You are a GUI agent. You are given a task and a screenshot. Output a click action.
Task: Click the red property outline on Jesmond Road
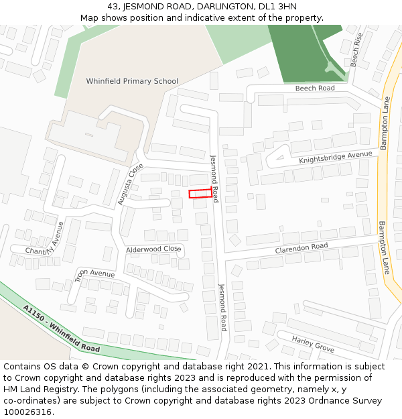[x=200, y=193]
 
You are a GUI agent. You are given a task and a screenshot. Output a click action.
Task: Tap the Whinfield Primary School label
[x=132, y=81]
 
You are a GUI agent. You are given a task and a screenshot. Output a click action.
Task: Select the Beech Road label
[x=314, y=88]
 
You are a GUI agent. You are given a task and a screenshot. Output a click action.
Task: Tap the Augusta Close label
[x=130, y=184]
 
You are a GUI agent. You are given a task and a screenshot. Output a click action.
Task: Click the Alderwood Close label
[x=153, y=249]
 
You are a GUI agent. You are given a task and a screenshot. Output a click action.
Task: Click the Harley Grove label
[x=312, y=344]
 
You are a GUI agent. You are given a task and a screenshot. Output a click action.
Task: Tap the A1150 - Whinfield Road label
[x=61, y=329]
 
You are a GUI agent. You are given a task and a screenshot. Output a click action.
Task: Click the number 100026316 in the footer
[x=27, y=412]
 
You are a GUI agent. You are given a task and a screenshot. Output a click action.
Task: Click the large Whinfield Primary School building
[x=92, y=134]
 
